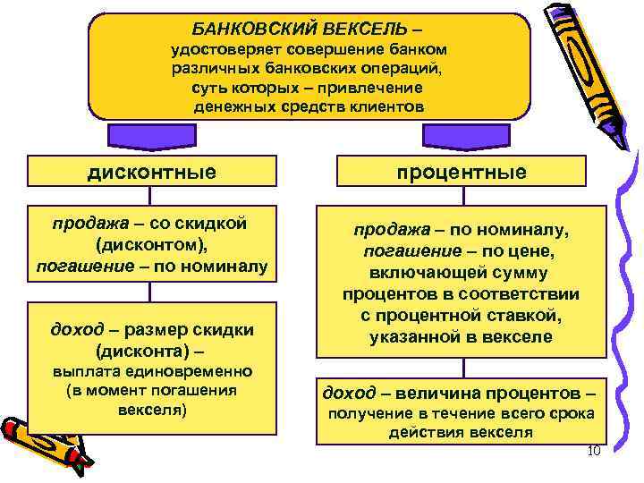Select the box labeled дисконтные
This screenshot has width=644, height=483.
pos(152,171)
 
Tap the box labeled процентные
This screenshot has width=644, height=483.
pos(462,171)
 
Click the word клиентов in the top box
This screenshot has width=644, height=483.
pos(379,106)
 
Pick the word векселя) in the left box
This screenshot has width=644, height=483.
pos(152,411)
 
